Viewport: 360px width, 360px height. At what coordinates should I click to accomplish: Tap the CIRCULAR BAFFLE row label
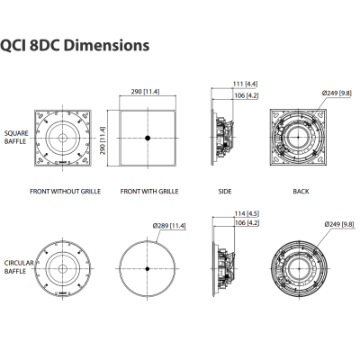point(18,266)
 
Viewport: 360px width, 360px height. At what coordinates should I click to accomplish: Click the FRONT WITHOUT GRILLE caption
point(65,192)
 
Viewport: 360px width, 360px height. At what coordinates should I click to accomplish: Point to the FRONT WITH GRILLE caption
point(148,192)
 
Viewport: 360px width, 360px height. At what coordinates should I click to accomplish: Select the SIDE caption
point(224,192)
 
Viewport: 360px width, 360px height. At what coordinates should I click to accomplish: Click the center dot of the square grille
point(148,139)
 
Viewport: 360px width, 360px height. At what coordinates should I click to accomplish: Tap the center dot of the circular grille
point(148,269)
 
